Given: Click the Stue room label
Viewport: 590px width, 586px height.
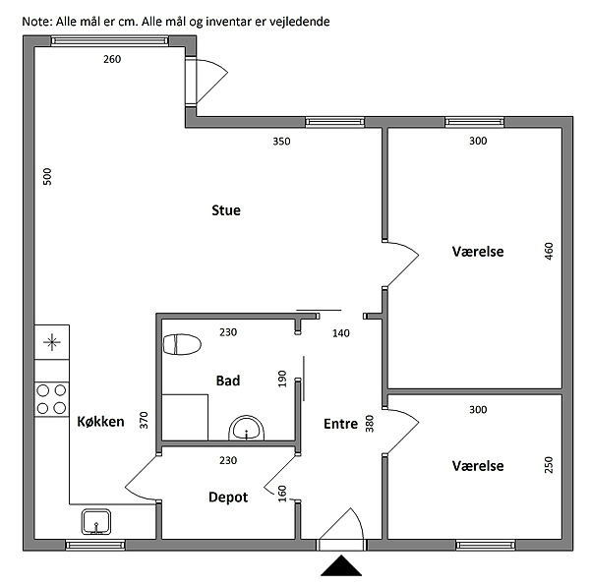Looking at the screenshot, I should coord(226,210).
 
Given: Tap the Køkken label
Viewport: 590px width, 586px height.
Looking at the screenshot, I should coord(100,422).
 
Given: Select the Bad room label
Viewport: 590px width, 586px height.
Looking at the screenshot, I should coord(228,381).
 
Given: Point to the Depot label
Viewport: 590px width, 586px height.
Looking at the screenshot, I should coord(228,498).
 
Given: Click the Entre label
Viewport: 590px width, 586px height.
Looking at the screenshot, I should coord(340,424).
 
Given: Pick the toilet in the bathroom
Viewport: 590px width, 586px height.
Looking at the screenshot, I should coord(182,344).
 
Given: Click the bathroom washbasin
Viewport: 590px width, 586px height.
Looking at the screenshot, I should coord(247,429).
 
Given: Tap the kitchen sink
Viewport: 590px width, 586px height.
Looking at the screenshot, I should coord(96,520).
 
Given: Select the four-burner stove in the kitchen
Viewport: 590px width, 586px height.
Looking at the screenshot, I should coord(52,398).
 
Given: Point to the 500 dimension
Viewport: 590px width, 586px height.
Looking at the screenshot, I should coord(47,177).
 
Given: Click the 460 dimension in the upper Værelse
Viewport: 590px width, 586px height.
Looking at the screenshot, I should coord(549,252).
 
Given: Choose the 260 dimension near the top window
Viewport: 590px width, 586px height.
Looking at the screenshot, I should coord(112,60).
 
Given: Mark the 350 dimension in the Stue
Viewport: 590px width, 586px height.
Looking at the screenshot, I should coord(281,142).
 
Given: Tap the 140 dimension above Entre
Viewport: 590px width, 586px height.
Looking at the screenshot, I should coord(340,333).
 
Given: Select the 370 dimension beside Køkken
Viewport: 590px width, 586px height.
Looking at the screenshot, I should coord(144,421).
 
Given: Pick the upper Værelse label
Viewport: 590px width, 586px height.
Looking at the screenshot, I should coord(478,252).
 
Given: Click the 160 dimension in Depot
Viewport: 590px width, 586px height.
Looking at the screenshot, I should coord(283,493).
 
